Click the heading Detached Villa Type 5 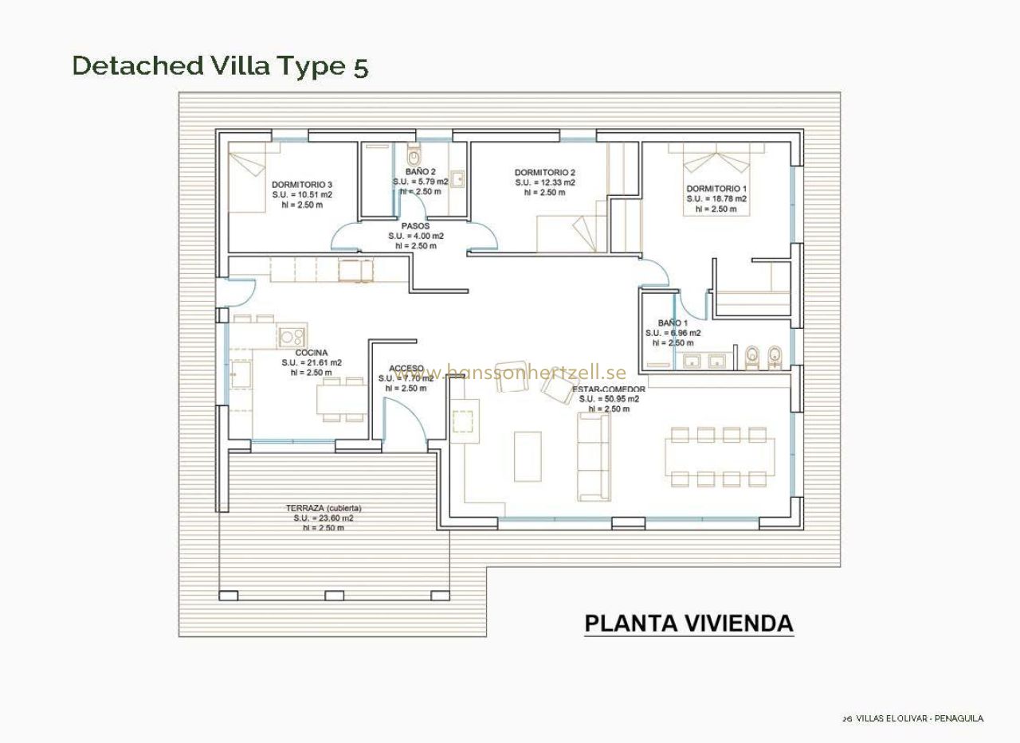(x=220, y=66)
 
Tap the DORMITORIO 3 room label (x=302, y=185)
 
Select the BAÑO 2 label (x=420, y=172)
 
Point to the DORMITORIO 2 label (x=545, y=173)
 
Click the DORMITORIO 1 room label (x=716, y=189)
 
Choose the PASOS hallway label (x=415, y=226)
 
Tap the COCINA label (x=311, y=353)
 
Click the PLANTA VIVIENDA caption (x=688, y=624)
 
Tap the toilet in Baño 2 (x=412, y=155)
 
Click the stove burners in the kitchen (x=292, y=336)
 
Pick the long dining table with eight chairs (x=720, y=456)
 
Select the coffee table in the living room (x=528, y=456)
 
